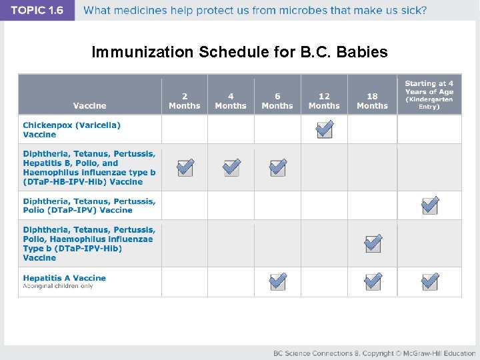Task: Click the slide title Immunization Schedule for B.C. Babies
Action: [239, 52]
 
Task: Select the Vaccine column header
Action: [89, 105]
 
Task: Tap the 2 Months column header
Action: [185, 101]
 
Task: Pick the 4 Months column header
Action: [231, 101]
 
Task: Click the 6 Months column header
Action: [277, 101]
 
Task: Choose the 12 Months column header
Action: [324, 101]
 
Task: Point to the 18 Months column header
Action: [372, 101]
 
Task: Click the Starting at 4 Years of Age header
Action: [429, 95]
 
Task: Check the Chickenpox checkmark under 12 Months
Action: [325, 129]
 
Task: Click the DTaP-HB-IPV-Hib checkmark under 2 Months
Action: [186, 167]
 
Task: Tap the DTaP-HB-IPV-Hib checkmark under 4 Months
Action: [231, 167]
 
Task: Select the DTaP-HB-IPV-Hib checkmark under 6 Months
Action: [278, 167]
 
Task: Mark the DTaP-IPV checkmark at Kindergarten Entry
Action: [430, 205]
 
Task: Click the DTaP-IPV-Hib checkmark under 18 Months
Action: [373, 243]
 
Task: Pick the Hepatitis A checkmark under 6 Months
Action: [278, 282]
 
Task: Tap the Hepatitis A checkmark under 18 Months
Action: [373, 282]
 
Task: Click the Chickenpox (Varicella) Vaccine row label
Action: [72, 129]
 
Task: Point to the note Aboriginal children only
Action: [58, 287]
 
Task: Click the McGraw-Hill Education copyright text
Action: [374, 353]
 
